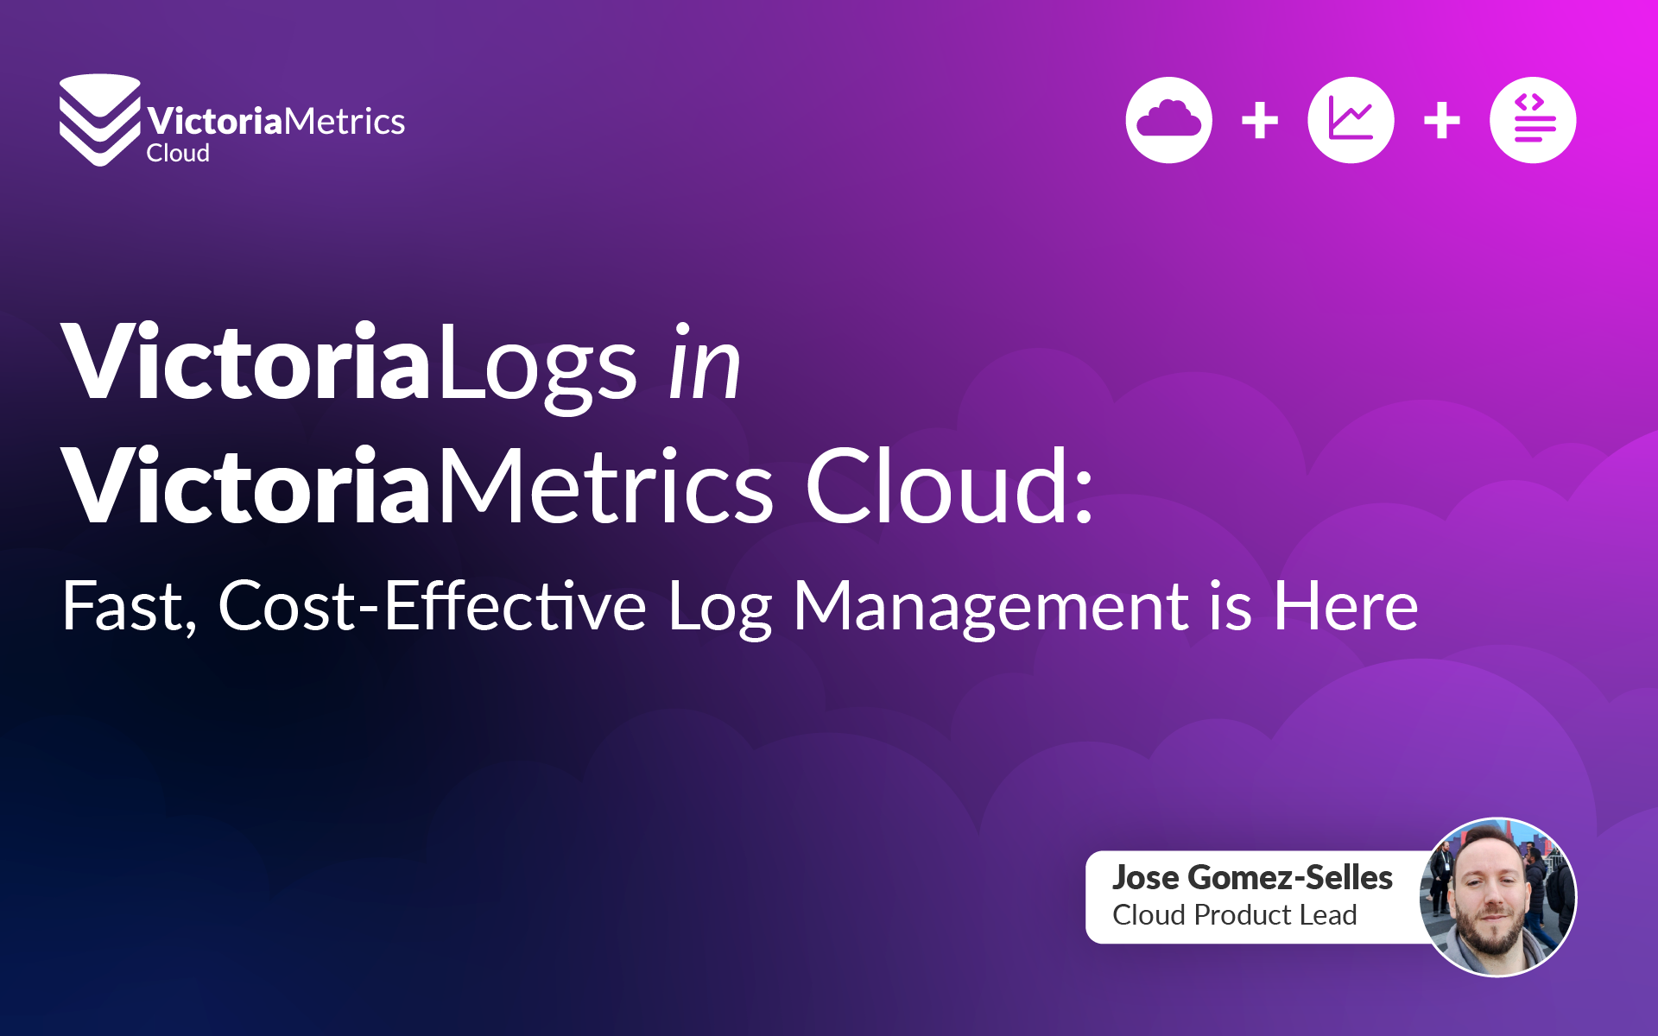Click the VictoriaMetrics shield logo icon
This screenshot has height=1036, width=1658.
99,119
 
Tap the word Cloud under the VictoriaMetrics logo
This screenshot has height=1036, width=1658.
178,154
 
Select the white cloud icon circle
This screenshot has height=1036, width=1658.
1168,120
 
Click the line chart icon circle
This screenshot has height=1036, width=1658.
1351,120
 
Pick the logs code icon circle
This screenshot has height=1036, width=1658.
1533,120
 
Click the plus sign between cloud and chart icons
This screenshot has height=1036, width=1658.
1260,120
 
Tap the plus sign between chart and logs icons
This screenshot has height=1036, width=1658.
1442,120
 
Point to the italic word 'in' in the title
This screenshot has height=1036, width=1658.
706,363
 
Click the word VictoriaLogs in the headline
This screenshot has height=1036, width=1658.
349,363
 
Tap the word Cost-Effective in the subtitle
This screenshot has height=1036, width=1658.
432,607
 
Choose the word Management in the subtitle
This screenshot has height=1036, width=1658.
990,607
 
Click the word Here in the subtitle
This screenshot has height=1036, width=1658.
1345,607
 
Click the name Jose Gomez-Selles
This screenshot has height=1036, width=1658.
1252,878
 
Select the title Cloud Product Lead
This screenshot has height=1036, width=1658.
1235,915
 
